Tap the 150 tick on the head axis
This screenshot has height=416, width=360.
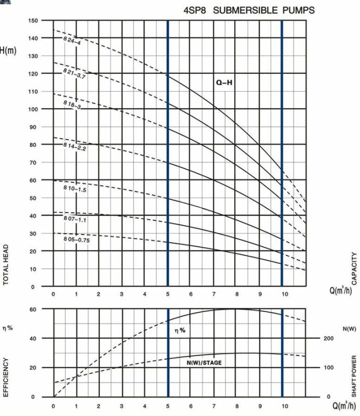click(x=33, y=21)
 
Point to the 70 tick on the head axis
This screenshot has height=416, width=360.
click(x=33, y=163)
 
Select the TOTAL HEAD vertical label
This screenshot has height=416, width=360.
click(x=7, y=264)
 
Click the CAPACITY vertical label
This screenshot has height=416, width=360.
click(x=354, y=268)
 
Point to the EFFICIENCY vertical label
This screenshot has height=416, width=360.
click(x=7, y=377)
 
